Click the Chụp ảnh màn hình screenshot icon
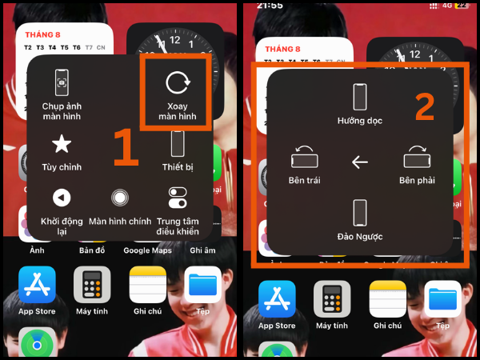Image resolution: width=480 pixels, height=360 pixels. tap(62, 82)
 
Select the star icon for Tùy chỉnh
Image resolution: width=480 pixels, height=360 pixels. tap(62, 144)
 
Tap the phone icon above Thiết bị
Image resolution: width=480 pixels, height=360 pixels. tap(178, 144)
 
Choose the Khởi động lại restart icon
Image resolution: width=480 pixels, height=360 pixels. tap(62, 197)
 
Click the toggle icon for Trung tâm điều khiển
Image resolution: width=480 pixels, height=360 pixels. tap(178, 197)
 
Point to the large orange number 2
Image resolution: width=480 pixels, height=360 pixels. tap(425, 107)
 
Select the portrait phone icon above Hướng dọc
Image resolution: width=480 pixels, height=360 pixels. tap(360, 97)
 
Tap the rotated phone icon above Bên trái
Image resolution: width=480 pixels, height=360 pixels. tap(304, 156)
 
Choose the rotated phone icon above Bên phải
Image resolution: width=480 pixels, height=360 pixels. tap(417, 156)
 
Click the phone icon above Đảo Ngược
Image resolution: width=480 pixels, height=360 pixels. tap(360, 214)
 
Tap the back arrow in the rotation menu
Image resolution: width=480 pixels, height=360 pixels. tap(360, 162)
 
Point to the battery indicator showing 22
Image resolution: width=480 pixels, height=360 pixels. tap(462, 5)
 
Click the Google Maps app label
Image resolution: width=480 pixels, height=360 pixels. tap(148, 250)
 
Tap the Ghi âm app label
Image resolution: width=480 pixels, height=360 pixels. tap(203, 250)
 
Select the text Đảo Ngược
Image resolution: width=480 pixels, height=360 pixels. tap(360, 238)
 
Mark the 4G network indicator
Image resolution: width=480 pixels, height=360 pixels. tap(447, 5)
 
